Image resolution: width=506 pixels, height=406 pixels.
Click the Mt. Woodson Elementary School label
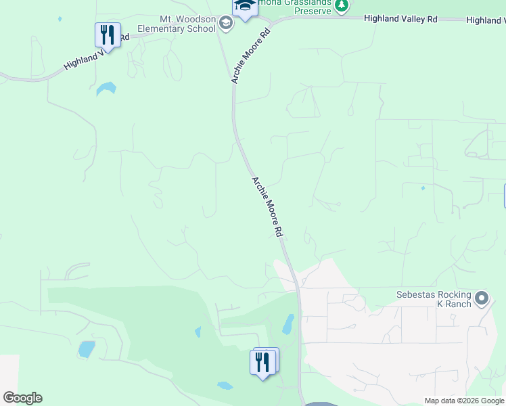pyautogui.click(x=177, y=24)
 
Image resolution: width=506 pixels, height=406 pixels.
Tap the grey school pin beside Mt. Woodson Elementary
pyautogui.click(x=226, y=24)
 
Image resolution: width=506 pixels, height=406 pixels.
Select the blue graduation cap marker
pyautogui.click(x=245, y=7)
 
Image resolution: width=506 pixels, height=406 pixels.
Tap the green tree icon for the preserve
pyautogui.click(x=342, y=6)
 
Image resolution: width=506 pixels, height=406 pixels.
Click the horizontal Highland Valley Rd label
pyautogui.click(x=400, y=19)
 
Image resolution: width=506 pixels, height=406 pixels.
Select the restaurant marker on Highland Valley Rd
pyautogui.click(x=108, y=35)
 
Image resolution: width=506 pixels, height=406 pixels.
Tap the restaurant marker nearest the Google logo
pyautogui.click(x=263, y=362)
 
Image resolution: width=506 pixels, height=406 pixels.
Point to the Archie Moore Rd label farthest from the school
pyautogui.click(x=267, y=206)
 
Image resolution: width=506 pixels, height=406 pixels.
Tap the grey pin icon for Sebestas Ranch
pyautogui.click(x=482, y=298)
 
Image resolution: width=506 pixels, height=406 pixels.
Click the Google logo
pyautogui.click(x=22, y=398)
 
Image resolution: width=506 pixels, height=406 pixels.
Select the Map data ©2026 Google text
pyautogui.click(x=464, y=401)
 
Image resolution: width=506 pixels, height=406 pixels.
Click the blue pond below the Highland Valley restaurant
pyautogui.click(x=106, y=88)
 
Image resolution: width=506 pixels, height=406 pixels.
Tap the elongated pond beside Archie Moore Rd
pyautogui.click(x=287, y=323)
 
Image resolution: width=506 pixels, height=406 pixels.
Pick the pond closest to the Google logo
pyautogui.click(x=86, y=348)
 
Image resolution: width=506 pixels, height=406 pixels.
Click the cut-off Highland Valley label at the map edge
pyautogui.click(x=486, y=21)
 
